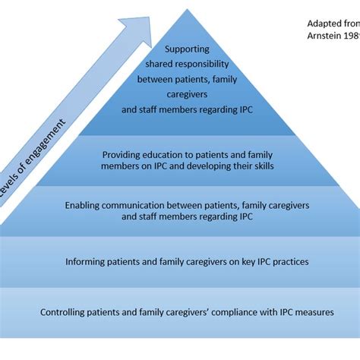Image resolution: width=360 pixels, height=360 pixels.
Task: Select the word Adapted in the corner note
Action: pyautogui.click(x=320, y=23)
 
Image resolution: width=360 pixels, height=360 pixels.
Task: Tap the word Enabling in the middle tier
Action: pyautogui.click(x=84, y=205)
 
